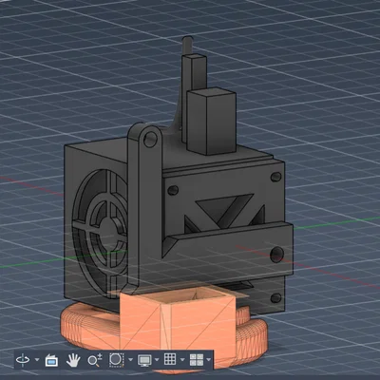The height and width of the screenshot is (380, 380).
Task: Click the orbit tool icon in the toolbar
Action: (x=22, y=360)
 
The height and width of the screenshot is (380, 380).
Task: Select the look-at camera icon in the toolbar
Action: (x=51, y=360)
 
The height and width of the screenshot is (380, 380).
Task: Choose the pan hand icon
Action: (x=73, y=360)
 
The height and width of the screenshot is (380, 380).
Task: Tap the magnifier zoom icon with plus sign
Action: (x=94, y=360)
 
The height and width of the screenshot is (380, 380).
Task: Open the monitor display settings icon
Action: (x=144, y=360)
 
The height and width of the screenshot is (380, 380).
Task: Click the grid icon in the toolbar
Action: (x=170, y=360)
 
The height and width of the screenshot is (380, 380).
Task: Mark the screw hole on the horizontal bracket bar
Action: (x=276, y=253)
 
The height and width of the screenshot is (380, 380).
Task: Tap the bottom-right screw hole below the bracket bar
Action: (x=276, y=294)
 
